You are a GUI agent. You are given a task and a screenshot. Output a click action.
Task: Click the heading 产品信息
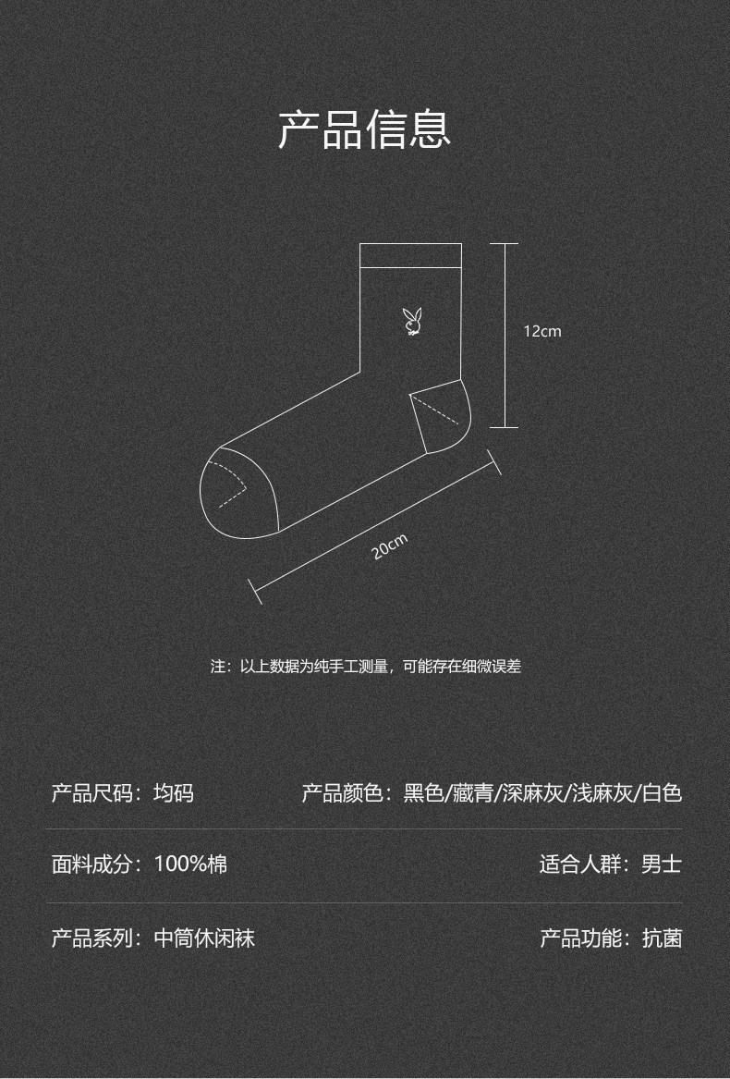[365, 129]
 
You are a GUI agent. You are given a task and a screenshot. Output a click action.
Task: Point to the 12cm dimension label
[542, 331]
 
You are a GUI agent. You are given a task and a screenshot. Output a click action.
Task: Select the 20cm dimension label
[390, 547]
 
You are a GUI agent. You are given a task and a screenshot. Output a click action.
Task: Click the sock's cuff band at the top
[410, 255]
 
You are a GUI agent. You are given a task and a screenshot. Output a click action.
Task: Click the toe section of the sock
[236, 490]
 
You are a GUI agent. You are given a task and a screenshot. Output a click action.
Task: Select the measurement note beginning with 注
[366, 666]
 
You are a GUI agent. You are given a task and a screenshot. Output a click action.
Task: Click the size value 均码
[174, 793]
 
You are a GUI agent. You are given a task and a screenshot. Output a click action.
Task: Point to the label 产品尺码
[91, 793]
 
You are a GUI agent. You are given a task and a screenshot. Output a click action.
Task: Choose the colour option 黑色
[424, 793]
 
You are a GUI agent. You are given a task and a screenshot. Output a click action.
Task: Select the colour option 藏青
[473, 793]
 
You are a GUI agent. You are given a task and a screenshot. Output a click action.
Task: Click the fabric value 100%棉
[190, 864]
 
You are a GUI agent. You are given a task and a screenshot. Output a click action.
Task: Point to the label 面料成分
[91, 864]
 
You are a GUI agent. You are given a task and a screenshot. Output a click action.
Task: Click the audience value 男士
[662, 864]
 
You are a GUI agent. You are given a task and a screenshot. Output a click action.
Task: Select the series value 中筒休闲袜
[204, 938]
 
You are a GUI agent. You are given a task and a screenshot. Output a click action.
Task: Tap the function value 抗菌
[662, 938]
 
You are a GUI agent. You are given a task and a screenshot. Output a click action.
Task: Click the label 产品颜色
[342, 793]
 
